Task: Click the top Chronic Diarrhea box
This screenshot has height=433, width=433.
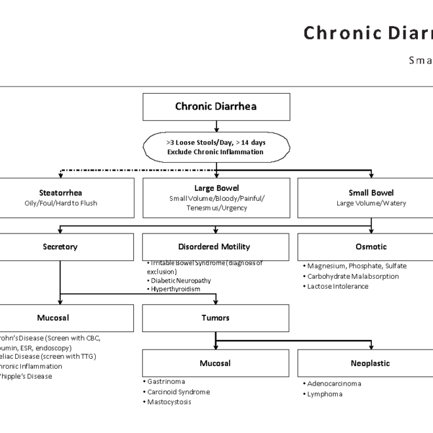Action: pos(216,106)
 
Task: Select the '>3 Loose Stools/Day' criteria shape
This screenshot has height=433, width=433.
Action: pos(216,146)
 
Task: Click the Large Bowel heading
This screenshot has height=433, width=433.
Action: pos(216,188)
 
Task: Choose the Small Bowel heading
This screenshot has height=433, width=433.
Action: pos(371,193)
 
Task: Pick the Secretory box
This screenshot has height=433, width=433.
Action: pos(60,247)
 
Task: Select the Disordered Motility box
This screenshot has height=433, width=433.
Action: pos(214,247)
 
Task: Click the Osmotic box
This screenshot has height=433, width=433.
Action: pos(371,247)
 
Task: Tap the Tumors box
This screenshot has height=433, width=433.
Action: pos(215,318)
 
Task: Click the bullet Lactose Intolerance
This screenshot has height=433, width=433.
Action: pos(337,286)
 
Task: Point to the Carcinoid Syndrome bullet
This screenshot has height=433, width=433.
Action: pos(178,392)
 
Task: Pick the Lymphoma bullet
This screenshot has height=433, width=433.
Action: pos(325,394)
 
